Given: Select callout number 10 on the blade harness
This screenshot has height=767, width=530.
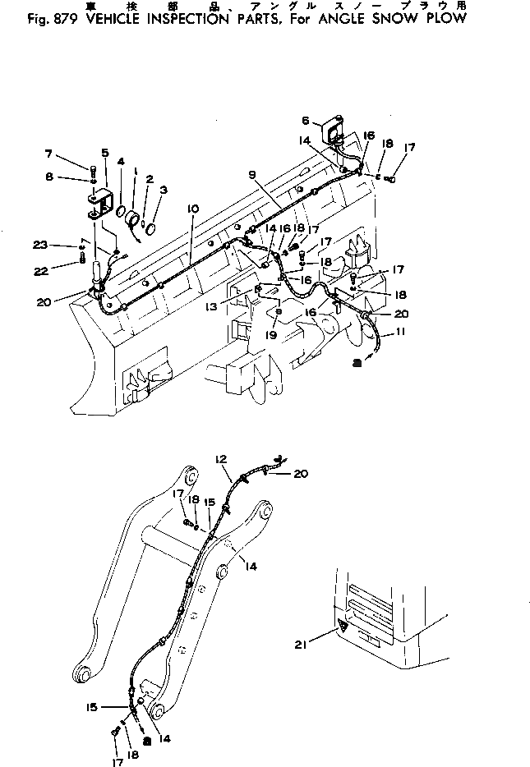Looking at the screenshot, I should (191, 209).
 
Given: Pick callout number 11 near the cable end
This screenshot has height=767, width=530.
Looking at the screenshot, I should (400, 333).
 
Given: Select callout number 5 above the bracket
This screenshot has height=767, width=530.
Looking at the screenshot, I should (105, 152).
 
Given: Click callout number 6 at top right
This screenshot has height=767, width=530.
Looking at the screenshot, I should (305, 119).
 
